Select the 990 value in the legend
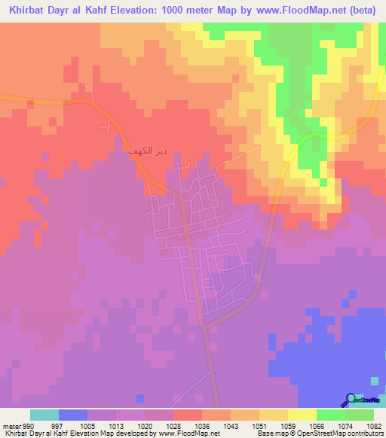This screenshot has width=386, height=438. point(30,426)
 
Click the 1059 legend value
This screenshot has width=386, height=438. point(288,426)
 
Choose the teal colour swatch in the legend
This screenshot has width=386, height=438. point(44,415)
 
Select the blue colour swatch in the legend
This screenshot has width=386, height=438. point(73,415)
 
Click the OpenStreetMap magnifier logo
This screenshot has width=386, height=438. point(350,400)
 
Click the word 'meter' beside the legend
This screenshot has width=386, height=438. point(11,426)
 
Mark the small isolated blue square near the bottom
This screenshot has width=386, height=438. point(139,398)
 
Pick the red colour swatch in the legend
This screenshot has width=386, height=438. point(188,415)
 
